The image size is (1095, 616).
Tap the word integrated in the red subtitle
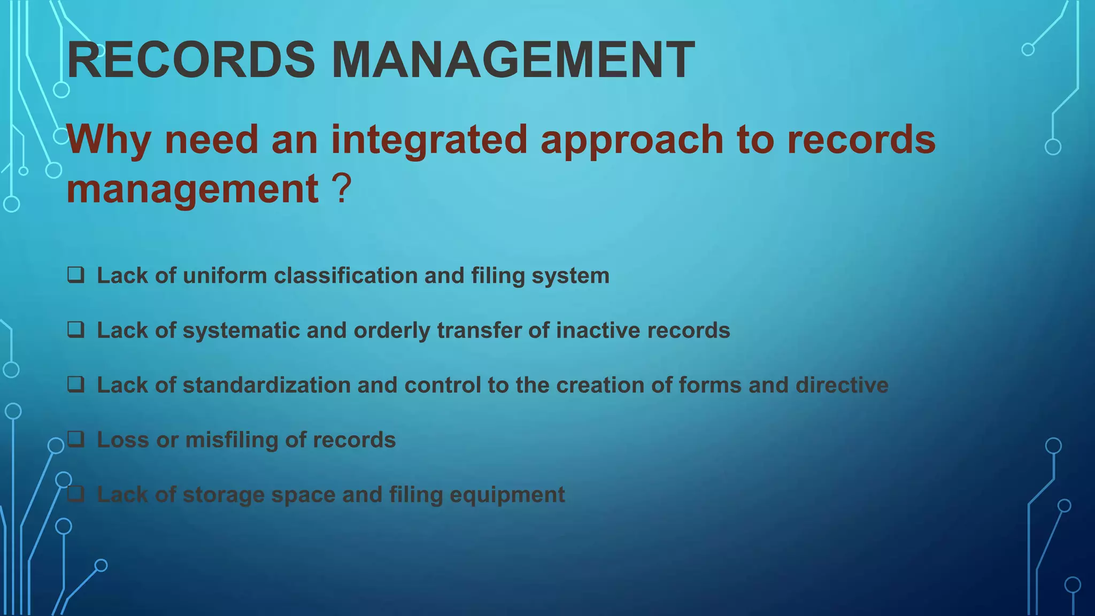click(x=429, y=139)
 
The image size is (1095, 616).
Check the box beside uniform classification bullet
click(x=75, y=275)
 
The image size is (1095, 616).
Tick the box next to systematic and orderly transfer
click(x=75, y=329)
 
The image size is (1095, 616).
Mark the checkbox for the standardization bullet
click(x=75, y=384)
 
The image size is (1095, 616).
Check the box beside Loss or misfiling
click(x=75, y=439)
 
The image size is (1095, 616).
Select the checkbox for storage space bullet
click(x=75, y=494)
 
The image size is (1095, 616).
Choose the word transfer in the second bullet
click(x=479, y=330)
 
